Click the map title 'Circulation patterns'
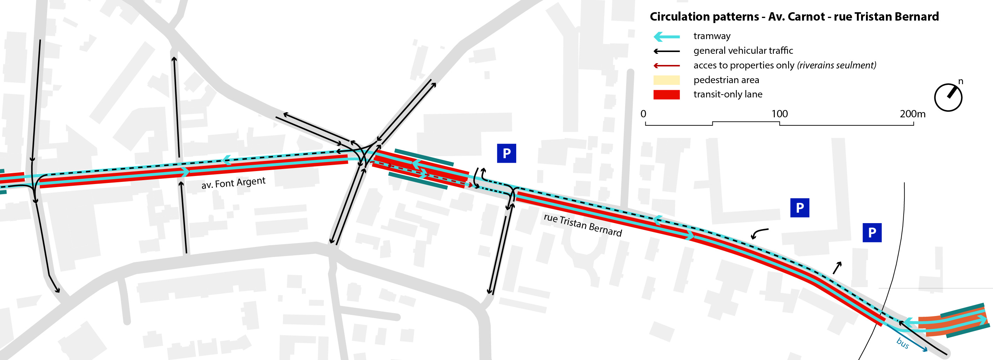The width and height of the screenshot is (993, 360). point(704,16)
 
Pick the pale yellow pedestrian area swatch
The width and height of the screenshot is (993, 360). point(666,80)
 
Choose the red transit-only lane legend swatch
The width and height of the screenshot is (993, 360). point(666,94)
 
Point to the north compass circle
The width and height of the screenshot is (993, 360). point(948,97)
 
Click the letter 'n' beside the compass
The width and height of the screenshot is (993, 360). point(961,81)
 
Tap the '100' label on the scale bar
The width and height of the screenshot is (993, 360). point(779,114)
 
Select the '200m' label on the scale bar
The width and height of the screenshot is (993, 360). point(912,114)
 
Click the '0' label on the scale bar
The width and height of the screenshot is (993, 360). point(643,114)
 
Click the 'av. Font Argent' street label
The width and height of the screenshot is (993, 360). point(233,183)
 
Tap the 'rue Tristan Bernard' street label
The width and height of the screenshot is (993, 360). point(583,225)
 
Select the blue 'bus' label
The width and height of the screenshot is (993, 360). point(902,343)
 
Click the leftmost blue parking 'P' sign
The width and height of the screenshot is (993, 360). point(506,153)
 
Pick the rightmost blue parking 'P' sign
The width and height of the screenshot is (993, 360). point(872,233)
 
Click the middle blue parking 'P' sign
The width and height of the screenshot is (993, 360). point(800,208)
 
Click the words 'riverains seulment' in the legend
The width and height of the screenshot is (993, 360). point(837,66)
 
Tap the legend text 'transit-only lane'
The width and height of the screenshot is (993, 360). point(727,94)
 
